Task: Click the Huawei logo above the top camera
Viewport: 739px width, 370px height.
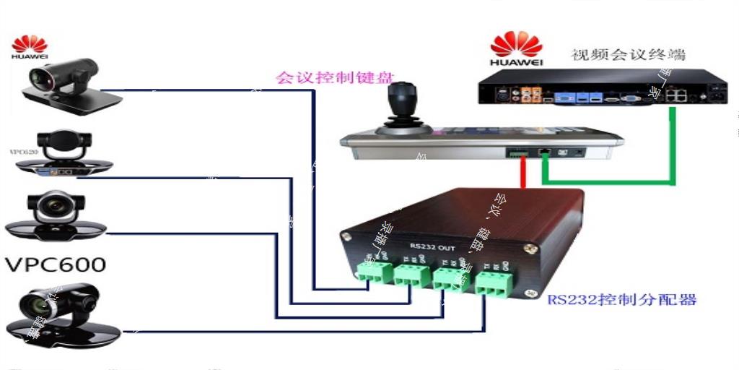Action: pyautogui.click(x=30, y=47)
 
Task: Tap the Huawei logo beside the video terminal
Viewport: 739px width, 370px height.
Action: pyautogui.click(x=516, y=49)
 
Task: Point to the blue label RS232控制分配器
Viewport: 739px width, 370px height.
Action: pyautogui.click(x=621, y=299)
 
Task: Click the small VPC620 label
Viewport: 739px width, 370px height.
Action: pyautogui.click(x=22, y=152)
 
